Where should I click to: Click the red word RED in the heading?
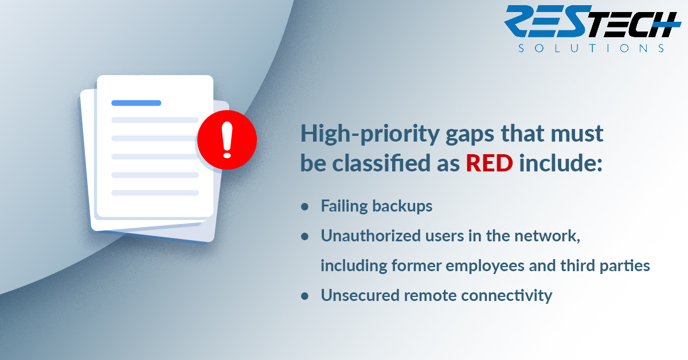[x=489, y=163]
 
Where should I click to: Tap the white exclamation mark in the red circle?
[x=227, y=140]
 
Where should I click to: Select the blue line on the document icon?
[x=136, y=103]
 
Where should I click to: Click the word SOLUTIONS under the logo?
[x=591, y=48]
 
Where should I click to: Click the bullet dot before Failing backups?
[x=304, y=207]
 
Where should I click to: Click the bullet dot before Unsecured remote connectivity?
[x=304, y=296]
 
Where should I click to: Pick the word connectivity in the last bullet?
[x=506, y=295]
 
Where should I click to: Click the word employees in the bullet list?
[x=485, y=266]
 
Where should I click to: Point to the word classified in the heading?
[x=381, y=163]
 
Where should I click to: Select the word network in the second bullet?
[x=547, y=236]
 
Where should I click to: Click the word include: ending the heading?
[x=561, y=163]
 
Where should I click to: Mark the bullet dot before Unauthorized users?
[x=304, y=237]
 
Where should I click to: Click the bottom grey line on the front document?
[x=155, y=193]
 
